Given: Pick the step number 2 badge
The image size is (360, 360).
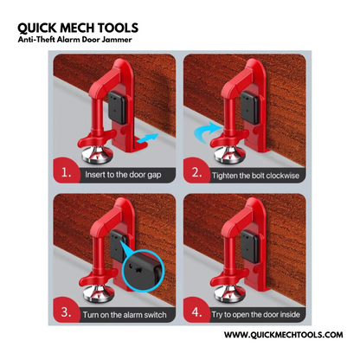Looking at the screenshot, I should tap(198, 173).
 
